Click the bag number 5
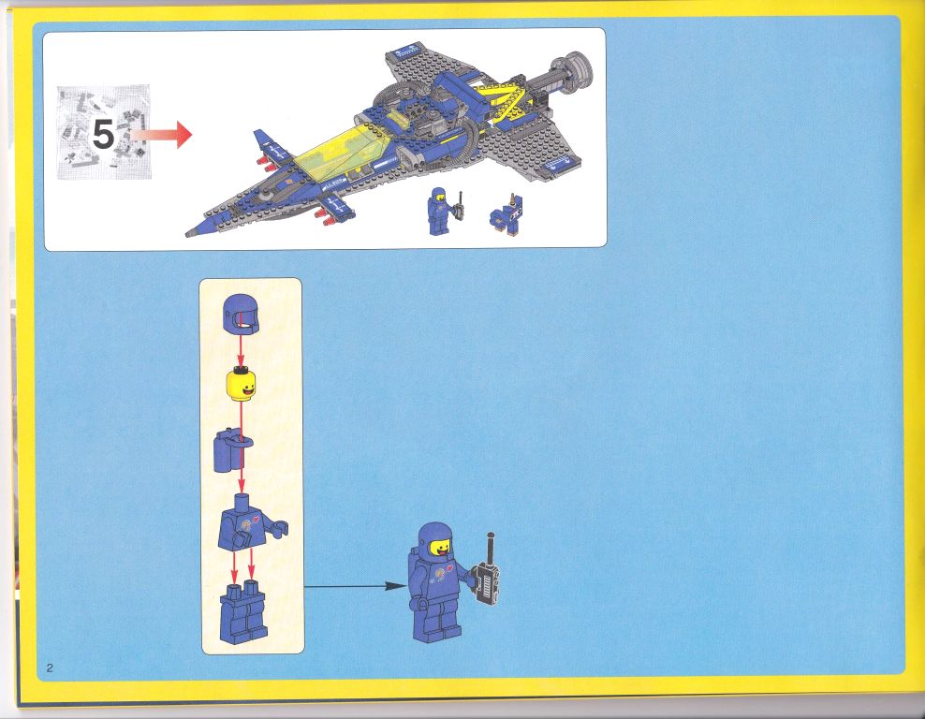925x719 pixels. coord(103,135)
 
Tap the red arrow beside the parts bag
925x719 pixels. coord(162,135)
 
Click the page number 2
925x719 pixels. coord(50,668)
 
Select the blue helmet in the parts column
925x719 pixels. coord(241,314)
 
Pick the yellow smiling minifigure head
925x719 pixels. coord(241,384)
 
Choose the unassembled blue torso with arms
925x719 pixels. coord(250,523)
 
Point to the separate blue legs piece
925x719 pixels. coord(243,612)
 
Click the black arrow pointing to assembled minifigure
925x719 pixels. coord(356,586)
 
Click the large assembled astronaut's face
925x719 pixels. coord(441,548)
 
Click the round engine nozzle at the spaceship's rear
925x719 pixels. coord(572,72)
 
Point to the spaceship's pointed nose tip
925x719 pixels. coord(188,234)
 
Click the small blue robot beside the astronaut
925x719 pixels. coord(507,215)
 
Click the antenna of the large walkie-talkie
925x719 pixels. coord(491,548)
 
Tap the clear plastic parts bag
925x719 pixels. coord(104,132)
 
